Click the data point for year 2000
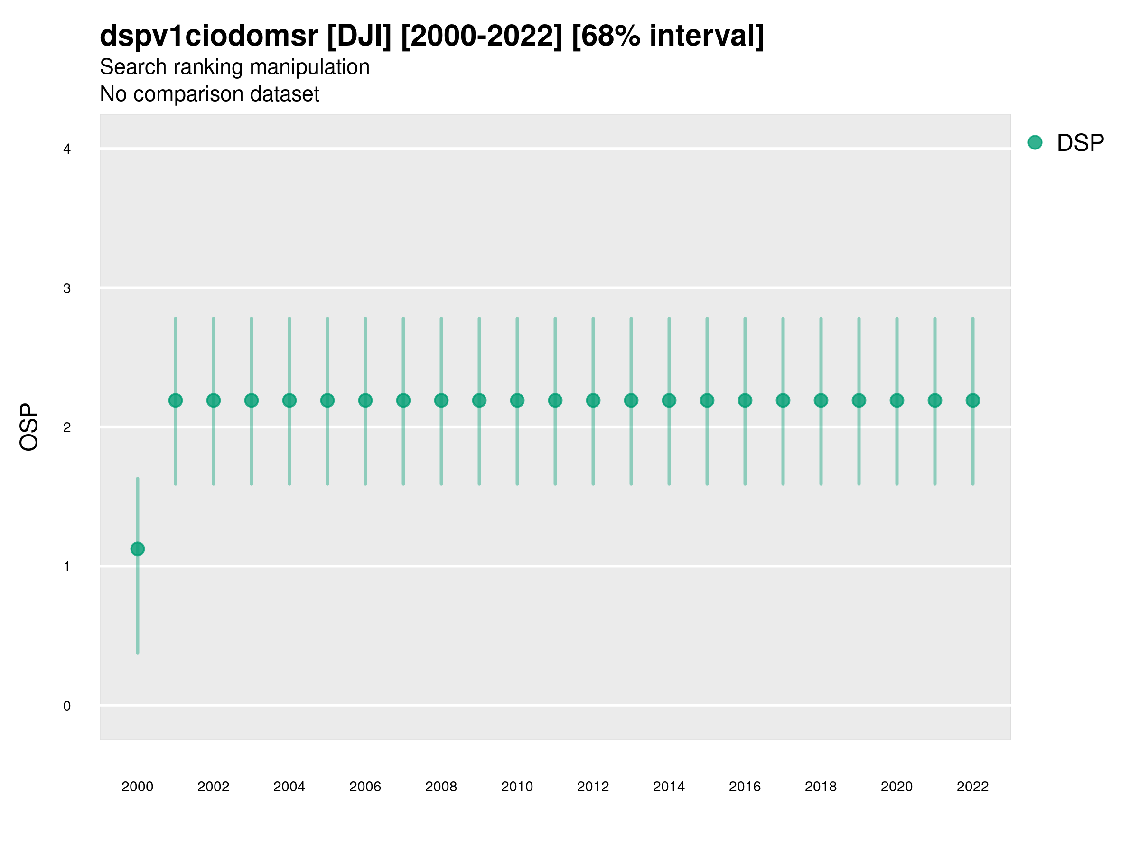(x=138, y=549)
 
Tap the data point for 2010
(x=517, y=400)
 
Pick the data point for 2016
(x=745, y=400)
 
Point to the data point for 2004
(x=289, y=400)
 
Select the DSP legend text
(x=1080, y=143)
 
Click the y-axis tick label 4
(x=67, y=149)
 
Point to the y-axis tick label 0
(x=67, y=706)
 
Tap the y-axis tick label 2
(x=67, y=428)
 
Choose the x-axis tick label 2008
(x=441, y=787)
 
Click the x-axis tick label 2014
(x=668, y=787)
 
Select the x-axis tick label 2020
(x=896, y=787)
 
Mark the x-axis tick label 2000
(x=138, y=787)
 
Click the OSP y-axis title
(x=29, y=427)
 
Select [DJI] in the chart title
(x=359, y=36)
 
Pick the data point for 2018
(x=821, y=400)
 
